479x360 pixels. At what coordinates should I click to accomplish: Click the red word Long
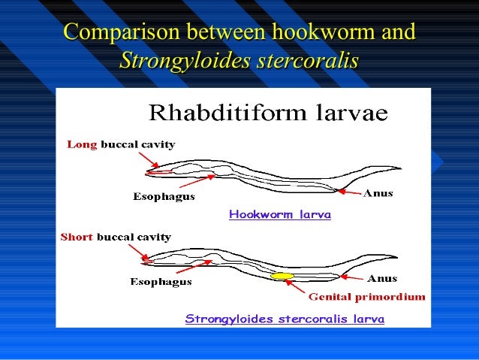click(83, 145)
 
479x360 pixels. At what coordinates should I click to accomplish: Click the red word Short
click(76, 237)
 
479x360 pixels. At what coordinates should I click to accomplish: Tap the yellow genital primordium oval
click(282, 277)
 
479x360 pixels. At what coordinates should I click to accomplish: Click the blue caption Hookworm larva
click(279, 214)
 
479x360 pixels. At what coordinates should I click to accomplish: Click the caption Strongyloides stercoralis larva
click(285, 319)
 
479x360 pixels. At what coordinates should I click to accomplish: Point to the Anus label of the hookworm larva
click(378, 194)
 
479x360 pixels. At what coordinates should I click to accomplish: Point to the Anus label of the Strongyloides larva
click(382, 278)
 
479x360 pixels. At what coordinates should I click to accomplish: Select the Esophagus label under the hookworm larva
click(164, 197)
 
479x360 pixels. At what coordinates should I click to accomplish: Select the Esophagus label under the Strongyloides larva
click(161, 283)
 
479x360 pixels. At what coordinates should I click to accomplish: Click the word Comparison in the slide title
click(120, 33)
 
